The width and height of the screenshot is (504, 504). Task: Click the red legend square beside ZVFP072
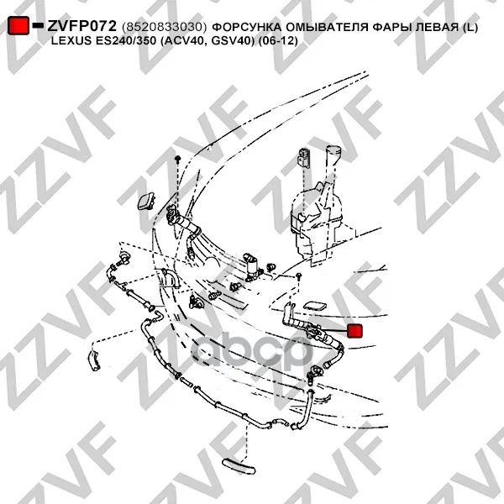[x=18, y=25]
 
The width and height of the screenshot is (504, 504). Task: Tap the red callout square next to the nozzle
[x=354, y=331]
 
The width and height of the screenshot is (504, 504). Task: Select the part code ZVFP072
[x=81, y=26]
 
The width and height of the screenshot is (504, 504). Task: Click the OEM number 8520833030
[x=165, y=27]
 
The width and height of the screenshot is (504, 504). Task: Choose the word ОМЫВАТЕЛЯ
[x=327, y=27]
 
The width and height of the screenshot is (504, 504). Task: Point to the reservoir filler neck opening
[x=333, y=150]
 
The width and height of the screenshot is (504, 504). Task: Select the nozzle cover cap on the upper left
[x=146, y=201]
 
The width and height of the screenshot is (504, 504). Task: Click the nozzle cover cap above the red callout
[x=315, y=306]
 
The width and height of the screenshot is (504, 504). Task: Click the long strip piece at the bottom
[x=239, y=466]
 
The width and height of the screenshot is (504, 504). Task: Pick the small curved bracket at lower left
[x=94, y=360]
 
